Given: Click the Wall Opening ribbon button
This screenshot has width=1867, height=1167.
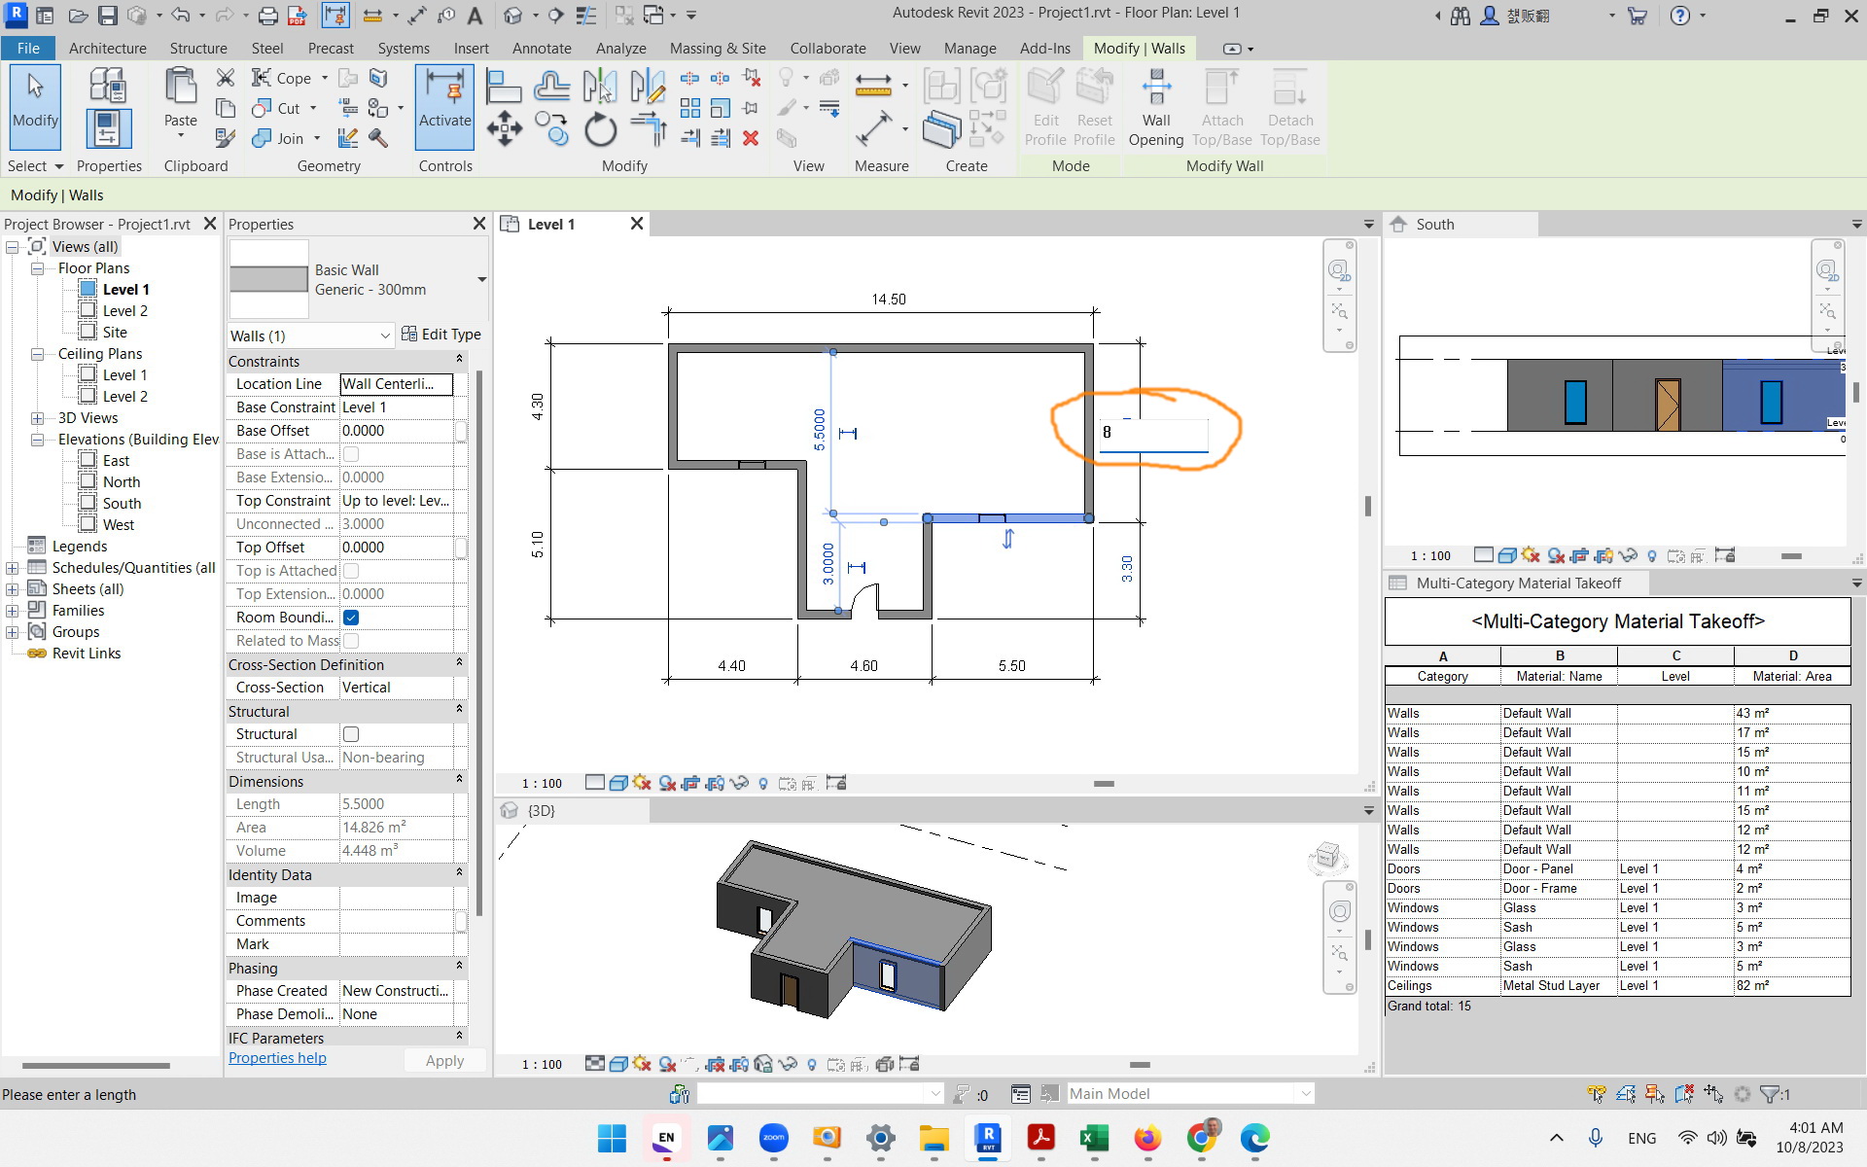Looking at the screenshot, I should coord(1155,109).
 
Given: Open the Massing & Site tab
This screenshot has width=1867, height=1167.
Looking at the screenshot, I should coord(717,48).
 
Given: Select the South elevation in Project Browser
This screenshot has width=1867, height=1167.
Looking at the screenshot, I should coord(122,503).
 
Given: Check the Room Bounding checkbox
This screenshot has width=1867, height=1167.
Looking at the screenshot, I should coord(351,618).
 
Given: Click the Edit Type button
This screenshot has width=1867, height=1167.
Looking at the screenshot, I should coord(441,335).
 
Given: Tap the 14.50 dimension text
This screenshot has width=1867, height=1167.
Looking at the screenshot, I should coord(888,299).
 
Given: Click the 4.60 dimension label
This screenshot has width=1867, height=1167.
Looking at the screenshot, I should coord(863,666).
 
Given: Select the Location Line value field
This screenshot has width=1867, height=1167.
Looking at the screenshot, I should coord(396,384).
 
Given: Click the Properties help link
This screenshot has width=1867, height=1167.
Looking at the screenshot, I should coord(277,1058).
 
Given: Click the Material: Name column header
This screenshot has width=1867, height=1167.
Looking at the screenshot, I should coord(1559,676).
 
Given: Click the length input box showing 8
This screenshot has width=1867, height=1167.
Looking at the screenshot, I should coord(1153,433).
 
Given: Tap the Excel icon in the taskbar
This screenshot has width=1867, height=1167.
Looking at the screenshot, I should coord(1094,1138).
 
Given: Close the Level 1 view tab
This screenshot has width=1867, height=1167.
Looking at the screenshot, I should coord(637,224).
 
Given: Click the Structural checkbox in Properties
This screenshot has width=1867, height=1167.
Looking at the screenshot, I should coord(351,734).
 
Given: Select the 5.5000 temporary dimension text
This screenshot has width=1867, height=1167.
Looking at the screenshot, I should coord(819,429).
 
